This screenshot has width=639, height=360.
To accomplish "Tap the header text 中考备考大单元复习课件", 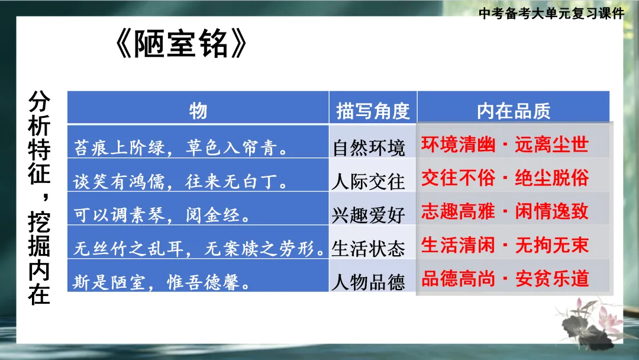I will tap(551, 14).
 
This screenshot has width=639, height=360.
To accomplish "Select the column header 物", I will tap(198, 110).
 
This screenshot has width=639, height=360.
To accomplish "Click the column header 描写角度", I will tap(373, 110).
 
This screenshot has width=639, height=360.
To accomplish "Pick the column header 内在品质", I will tap(514, 110).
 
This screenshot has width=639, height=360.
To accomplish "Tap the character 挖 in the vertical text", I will tap(40, 223).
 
